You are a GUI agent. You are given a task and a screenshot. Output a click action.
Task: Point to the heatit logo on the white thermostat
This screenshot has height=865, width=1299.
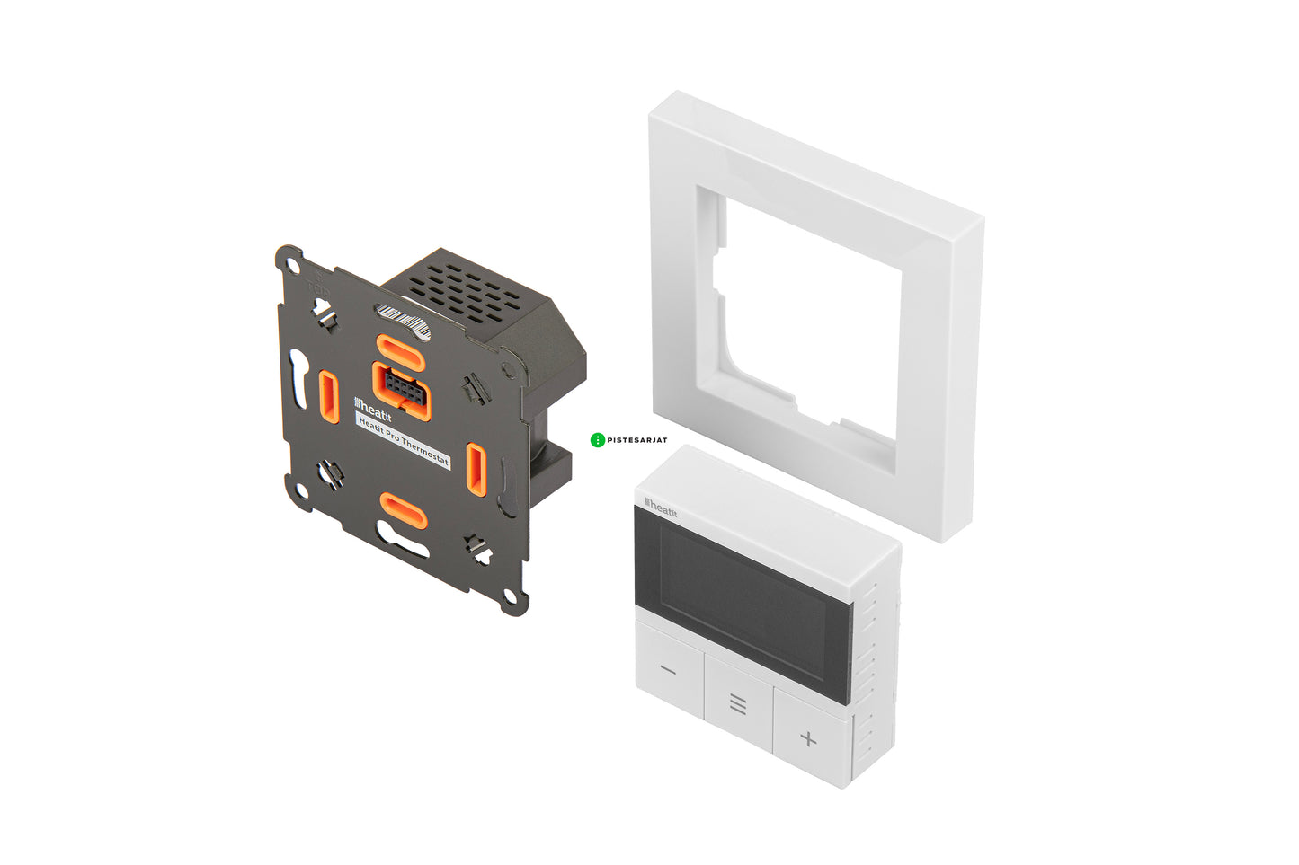(x=661, y=508)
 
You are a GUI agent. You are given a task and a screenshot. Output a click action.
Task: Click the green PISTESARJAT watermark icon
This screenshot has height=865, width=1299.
(x=597, y=440)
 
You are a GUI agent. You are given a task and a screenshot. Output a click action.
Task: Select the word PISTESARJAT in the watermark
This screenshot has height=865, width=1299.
(x=637, y=440)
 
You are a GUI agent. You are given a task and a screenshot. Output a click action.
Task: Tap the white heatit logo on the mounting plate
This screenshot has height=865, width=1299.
(x=373, y=409)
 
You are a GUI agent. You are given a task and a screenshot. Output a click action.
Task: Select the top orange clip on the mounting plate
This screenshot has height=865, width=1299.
(x=401, y=353)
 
